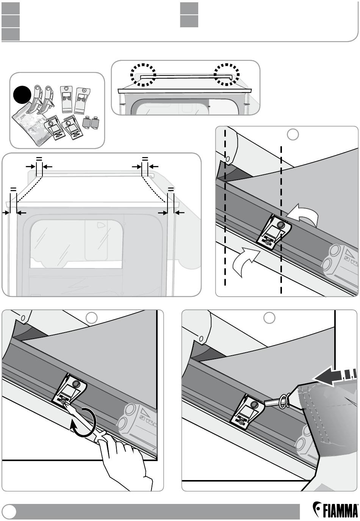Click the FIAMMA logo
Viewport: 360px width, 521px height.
coord(335,510)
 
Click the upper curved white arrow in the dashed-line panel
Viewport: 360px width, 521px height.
coord(303,215)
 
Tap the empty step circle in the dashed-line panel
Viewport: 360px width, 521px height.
coord(293,134)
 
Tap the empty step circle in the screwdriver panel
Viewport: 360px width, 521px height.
coord(91,318)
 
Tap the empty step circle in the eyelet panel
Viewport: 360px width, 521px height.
coord(269,318)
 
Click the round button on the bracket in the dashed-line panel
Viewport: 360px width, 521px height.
coord(281,225)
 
